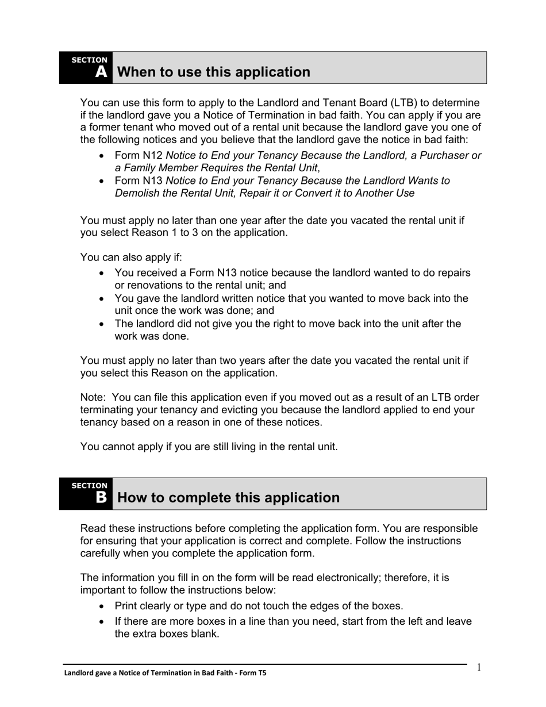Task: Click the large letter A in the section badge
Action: [x=101, y=72]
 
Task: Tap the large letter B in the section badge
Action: [x=101, y=498]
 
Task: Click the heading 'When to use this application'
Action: [x=213, y=72]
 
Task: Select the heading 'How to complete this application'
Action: [x=228, y=498]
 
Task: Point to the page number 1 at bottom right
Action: [x=479, y=667]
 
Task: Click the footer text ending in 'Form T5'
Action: [x=165, y=673]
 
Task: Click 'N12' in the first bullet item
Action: [x=153, y=155]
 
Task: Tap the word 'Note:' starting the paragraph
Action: [x=93, y=398]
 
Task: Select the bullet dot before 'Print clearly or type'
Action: [x=102, y=606]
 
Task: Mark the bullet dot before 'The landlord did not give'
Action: [x=102, y=324]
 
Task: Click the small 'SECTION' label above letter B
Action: [x=89, y=486]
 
